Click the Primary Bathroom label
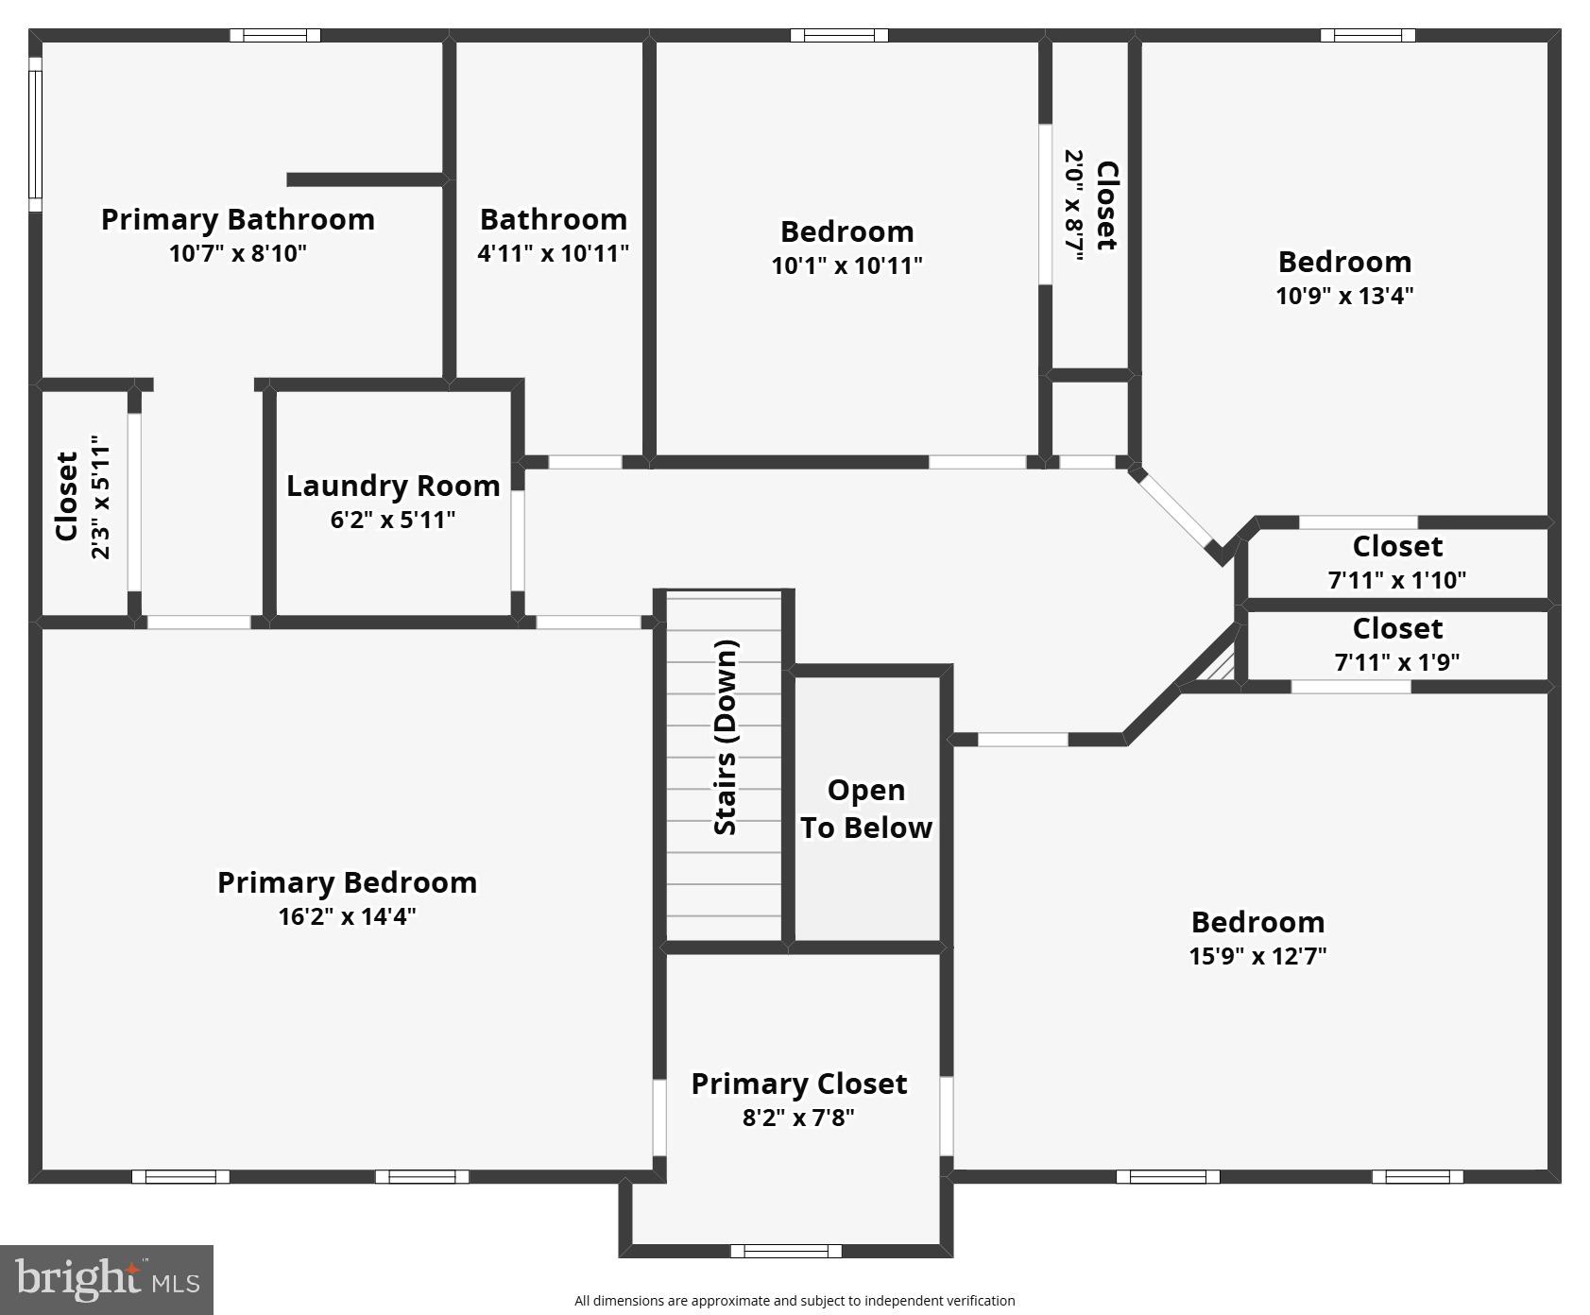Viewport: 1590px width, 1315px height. tap(237, 219)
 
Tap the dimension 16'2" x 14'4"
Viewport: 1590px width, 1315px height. tap(347, 916)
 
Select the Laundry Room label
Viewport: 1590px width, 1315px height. tap(393, 486)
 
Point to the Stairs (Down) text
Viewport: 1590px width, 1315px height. tap(725, 738)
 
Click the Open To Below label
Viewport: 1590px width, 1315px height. tap(865, 809)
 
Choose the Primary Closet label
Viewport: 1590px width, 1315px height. tap(798, 1084)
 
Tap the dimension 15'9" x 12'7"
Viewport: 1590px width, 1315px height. tap(1257, 956)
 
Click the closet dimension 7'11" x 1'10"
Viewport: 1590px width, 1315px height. tap(1396, 580)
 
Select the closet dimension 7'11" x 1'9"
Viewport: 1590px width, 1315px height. tap(1396, 662)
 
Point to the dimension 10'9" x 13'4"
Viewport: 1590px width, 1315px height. tap(1344, 296)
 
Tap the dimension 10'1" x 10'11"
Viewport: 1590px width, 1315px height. tap(846, 265)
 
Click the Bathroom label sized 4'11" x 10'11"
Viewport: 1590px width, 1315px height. tap(554, 219)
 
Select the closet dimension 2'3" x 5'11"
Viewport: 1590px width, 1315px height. tap(100, 497)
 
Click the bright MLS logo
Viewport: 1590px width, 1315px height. tap(107, 1279)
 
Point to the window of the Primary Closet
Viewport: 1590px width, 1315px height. tap(785, 1251)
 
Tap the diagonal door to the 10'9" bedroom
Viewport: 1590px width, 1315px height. tap(1175, 510)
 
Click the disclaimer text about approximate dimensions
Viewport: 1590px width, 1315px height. tap(795, 1301)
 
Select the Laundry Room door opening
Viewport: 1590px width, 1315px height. tap(518, 540)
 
